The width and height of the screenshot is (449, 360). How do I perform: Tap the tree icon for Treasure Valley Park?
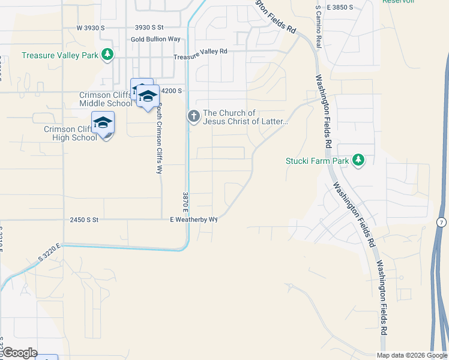click(107, 55)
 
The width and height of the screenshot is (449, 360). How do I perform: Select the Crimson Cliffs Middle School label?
click(105, 99)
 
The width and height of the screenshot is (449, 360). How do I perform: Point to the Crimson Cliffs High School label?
click(70, 133)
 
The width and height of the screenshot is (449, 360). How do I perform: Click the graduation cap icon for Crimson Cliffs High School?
click(103, 123)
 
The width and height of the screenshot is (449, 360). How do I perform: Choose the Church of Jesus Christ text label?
click(246, 117)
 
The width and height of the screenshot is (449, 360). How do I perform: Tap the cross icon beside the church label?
click(193, 115)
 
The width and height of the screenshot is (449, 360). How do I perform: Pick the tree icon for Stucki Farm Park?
click(358, 160)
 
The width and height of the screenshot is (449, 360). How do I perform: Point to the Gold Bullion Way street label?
click(155, 40)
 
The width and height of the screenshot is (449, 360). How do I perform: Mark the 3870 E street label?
click(185, 204)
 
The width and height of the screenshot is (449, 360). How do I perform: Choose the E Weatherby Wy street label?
click(193, 220)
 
